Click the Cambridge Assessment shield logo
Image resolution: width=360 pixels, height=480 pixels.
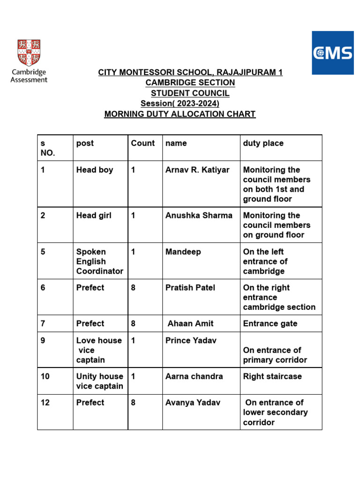point(29,52)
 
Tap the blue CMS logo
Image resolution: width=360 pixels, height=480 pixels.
point(333,52)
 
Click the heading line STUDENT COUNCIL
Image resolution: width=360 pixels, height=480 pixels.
point(190,93)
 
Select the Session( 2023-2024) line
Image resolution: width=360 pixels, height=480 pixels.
point(180,104)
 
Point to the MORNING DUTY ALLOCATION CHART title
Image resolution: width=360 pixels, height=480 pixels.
point(180,114)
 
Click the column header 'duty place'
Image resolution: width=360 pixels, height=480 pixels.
point(263,143)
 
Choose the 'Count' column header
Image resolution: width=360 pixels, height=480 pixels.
point(143,143)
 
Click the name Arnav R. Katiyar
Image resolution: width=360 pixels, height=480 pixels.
point(197,170)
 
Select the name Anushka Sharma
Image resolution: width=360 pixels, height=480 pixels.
point(199,215)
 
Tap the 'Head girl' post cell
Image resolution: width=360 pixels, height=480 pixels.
point(94,215)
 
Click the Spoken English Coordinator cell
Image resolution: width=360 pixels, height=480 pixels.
point(99,261)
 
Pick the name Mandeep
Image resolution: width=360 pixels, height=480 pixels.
point(183,252)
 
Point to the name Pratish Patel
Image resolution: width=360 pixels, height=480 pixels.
point(190,287)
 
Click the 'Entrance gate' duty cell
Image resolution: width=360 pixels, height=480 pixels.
point(270,323)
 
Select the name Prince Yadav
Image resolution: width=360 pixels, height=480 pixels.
point(191,340)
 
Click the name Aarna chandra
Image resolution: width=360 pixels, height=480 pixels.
point(194,376)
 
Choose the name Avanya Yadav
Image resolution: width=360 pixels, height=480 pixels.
point(193,403)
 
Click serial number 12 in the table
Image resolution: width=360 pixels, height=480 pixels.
point(45,403)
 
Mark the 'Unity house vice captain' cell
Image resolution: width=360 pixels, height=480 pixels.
point(99,381)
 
